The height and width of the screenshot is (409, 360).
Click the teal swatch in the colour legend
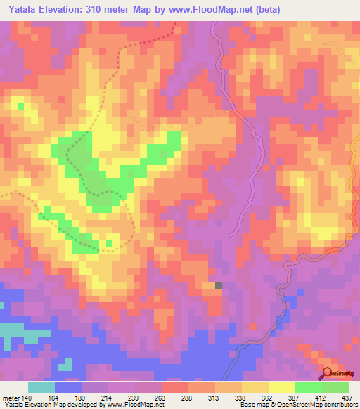[41, 387]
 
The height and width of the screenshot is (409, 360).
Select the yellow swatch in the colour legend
[281, 387]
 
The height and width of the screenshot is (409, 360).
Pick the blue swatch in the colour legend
[68, 387]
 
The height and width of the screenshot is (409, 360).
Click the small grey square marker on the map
[219, 285]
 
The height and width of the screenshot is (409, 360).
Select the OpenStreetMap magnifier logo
[326, 373]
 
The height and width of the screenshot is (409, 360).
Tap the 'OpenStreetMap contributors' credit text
[318, 405]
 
